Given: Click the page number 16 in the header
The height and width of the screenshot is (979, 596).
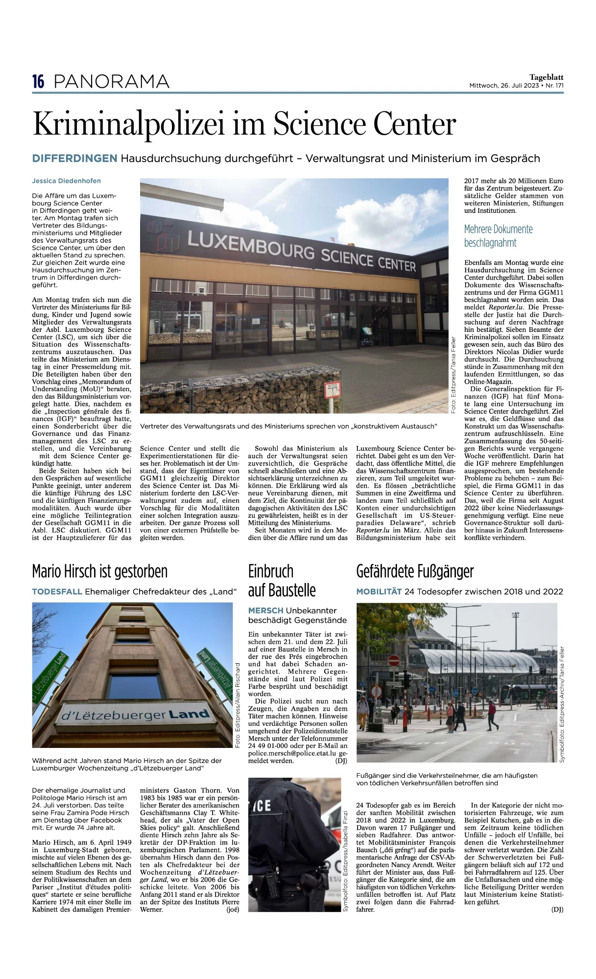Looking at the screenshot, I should point(38,82).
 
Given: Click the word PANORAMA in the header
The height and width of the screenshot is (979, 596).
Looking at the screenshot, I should point(112,82).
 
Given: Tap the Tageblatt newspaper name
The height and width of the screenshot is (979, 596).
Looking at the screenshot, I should point(546,77).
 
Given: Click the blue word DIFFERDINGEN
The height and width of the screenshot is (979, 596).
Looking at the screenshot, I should point(74,159).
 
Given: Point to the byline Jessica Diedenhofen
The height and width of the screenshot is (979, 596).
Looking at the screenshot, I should point(66,181).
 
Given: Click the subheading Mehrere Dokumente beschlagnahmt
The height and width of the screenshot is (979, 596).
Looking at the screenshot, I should point(498,236).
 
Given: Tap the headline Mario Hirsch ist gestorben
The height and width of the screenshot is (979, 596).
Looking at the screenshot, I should point(100,572).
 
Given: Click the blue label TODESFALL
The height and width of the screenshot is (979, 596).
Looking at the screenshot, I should point(57,592).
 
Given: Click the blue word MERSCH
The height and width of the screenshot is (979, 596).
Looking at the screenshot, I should point(265,611).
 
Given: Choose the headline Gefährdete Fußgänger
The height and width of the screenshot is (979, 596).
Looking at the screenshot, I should point(415,572).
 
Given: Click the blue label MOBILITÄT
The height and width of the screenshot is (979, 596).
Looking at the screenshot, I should point(379,592).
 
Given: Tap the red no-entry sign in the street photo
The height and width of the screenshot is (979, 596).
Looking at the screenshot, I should point(394,661).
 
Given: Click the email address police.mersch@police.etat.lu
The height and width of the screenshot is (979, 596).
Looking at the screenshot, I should point(292,754).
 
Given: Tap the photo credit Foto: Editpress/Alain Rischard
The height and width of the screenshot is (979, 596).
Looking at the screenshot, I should point(238,705).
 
